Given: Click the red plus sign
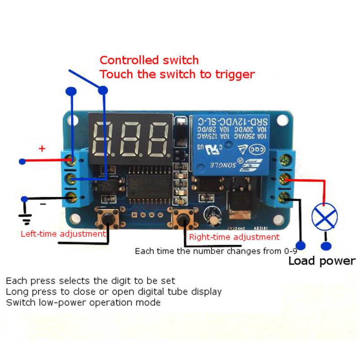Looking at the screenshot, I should click(42, 148).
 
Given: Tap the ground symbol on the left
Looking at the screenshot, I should click(26, 218).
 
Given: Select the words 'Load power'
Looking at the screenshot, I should click(321, 261).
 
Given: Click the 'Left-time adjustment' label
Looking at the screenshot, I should click(63, 234).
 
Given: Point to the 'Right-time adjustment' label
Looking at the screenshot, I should click(234, 237).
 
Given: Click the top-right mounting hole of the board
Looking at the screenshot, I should click(283, 121).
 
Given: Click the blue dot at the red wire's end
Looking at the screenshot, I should click(22, 161).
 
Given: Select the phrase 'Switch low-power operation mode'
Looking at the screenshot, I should click(83, 302).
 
